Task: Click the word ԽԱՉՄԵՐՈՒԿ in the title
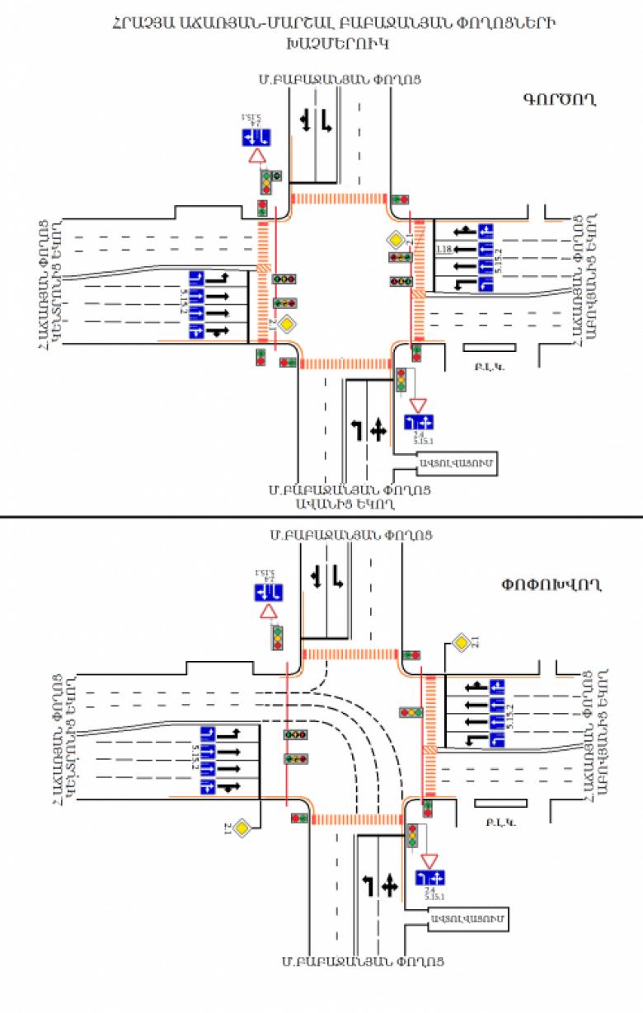pos(322,42)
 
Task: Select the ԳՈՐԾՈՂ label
pos(558,100)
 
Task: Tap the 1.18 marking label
pos(444,250)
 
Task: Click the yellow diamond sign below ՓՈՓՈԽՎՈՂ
pos(462,642)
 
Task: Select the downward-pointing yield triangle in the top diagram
pos(418,405)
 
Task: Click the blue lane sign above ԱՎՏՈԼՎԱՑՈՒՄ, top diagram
pos(418,422)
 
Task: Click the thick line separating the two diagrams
pos(321,517)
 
